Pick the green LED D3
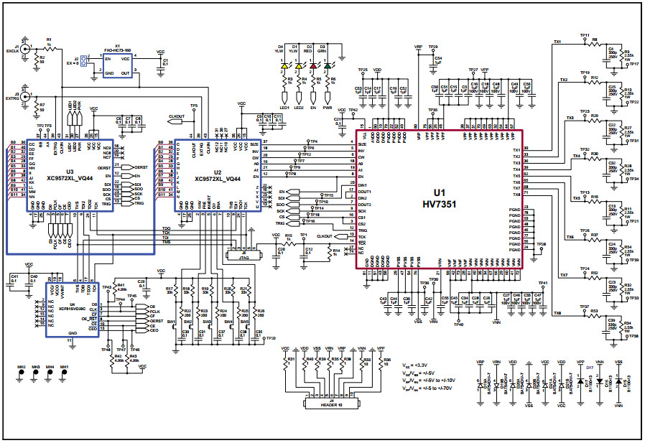coord(328,66)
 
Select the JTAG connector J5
coord(242,255)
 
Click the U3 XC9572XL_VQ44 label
coord(69,175)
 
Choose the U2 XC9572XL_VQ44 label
coord(217,175)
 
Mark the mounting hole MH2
coord(22,374)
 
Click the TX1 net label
coord(557,42)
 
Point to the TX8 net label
coord(557,313)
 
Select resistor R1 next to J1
coord(49,45)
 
